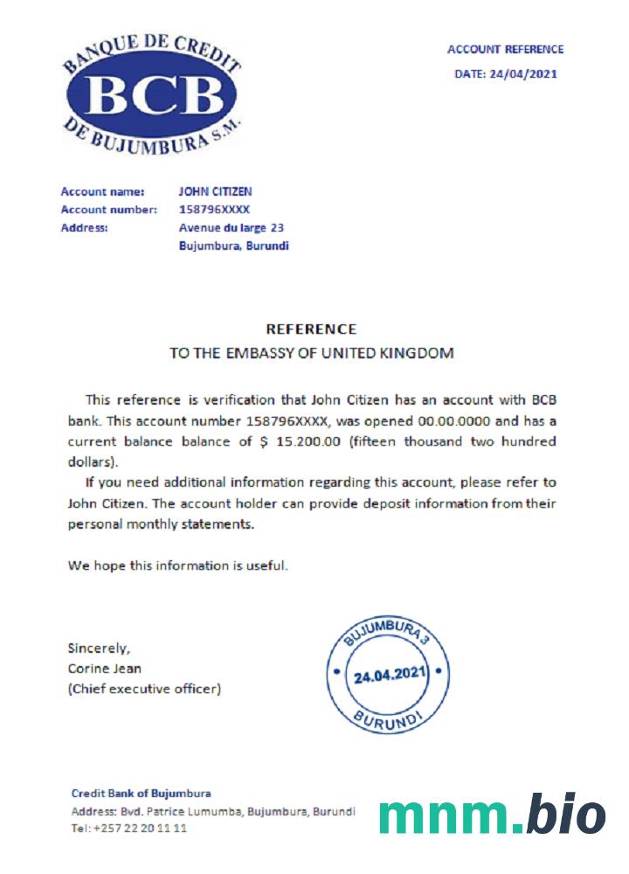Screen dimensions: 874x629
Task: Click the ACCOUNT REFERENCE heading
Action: (505, 50)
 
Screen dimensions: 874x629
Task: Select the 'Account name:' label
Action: (96, 191)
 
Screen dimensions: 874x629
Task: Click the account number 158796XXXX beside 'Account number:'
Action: (214, 210)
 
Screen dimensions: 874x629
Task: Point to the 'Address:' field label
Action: (84, 228)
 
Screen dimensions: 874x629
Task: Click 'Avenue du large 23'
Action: (231, 228)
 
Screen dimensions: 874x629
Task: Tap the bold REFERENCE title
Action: (311, 329)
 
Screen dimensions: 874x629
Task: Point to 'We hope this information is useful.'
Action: (178, 565)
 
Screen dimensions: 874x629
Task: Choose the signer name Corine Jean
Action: (104, 669)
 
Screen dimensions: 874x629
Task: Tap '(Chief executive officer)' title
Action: (144, 690)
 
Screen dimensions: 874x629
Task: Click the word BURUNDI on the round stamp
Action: (389, 720)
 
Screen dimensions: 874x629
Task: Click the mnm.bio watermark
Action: (492, 815)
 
